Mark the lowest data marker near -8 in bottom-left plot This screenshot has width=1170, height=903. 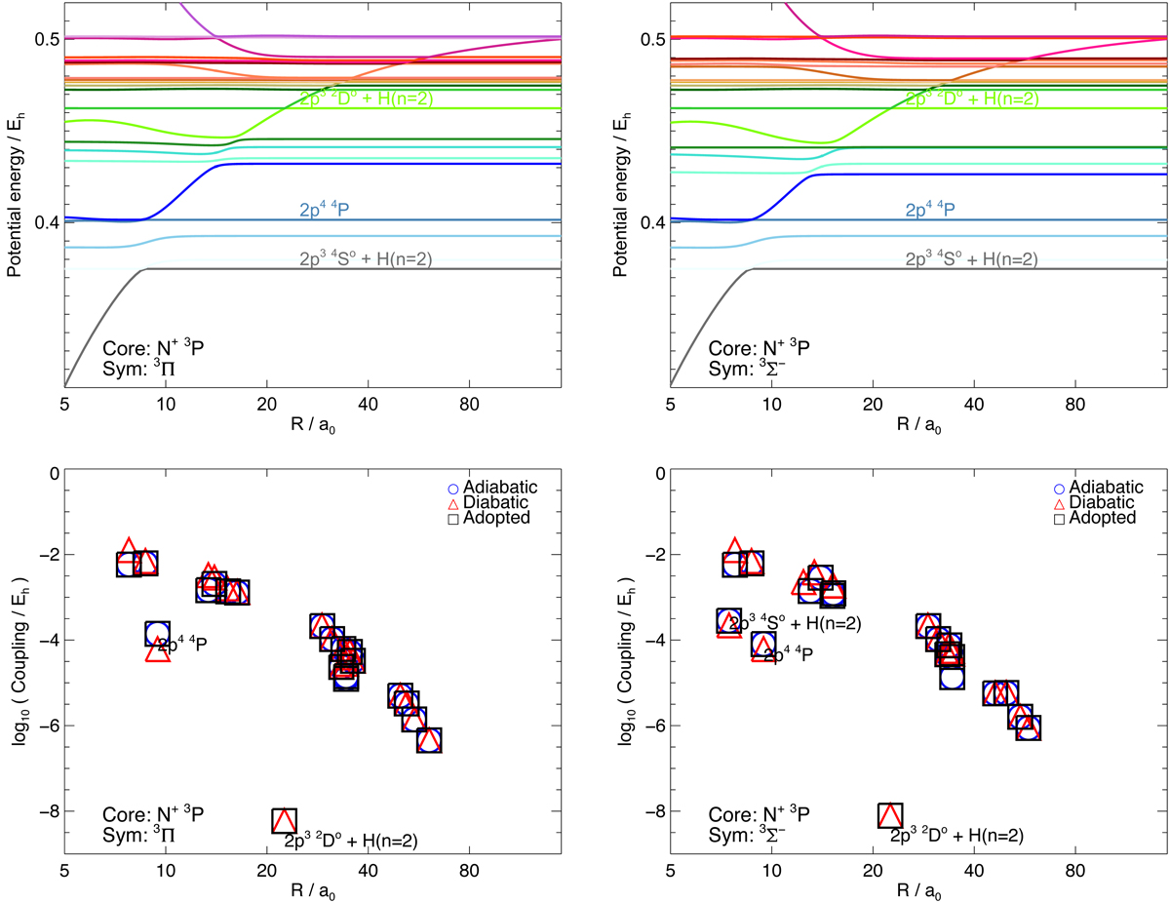click(x=284, y=821)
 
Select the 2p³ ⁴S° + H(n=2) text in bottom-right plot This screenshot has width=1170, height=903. click(x=795, y=622)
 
